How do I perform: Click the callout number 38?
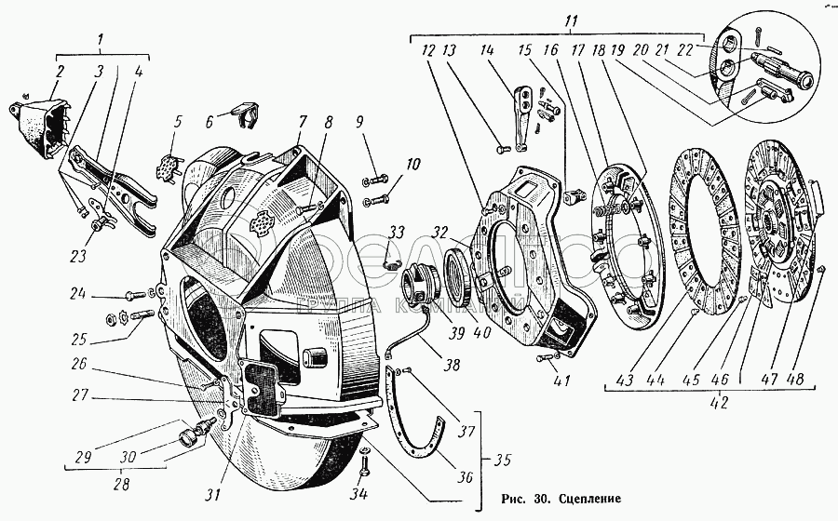(x=453, y=365)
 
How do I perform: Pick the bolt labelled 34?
(x=364, y=461)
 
